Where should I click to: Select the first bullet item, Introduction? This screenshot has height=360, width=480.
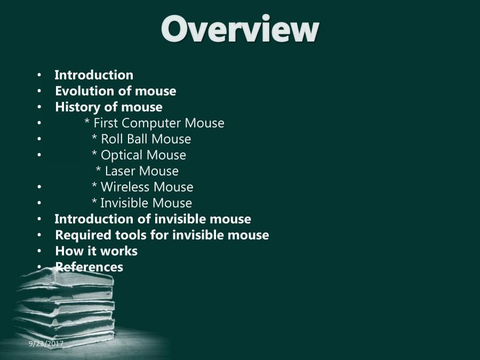click(94, 75)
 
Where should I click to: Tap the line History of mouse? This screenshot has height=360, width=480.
click(109, 107)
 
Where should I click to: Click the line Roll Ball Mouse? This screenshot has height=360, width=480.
click(141, 139)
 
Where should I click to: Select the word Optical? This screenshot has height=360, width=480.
click(121, 155)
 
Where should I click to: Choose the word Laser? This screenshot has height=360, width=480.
click(120, 171)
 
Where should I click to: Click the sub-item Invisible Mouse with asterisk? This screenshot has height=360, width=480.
click(142, 203)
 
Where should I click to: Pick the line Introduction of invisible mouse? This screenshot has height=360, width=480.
click(153, 219)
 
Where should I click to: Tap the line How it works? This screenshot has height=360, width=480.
click(96, 251)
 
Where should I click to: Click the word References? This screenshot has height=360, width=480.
click(89, 267)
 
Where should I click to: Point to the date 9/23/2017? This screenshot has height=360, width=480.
click(46, 344)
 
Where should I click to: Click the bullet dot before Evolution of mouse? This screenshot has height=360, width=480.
click(39, 92)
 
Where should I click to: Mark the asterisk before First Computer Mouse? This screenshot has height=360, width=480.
click(87, 124)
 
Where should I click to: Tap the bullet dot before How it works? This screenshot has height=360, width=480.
click(39, 252)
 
